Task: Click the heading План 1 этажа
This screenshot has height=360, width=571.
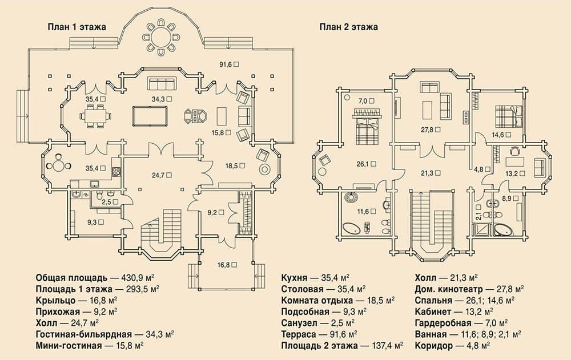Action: tap(77, 27)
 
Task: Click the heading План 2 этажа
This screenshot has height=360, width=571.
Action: tap(348, 27)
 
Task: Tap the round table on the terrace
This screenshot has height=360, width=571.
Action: tap(161, 37)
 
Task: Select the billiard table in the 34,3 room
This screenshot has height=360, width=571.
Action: tap(150, 116)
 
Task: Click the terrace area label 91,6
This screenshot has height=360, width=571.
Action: tap(226, 64)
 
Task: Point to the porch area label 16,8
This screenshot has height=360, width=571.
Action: tap(224, 265)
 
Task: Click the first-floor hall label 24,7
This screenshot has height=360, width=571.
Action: tap(159, 175)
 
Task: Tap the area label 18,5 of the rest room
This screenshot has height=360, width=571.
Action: tap(232, 166)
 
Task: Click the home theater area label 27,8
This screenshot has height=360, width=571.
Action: tap(428, 130)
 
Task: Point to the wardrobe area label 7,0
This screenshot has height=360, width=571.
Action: tap(363, 101)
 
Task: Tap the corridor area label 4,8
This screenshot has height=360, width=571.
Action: tap(479, 169)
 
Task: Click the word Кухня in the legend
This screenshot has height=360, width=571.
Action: tap(294, 278)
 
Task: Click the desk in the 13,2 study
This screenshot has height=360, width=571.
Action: tap(514, 161)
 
